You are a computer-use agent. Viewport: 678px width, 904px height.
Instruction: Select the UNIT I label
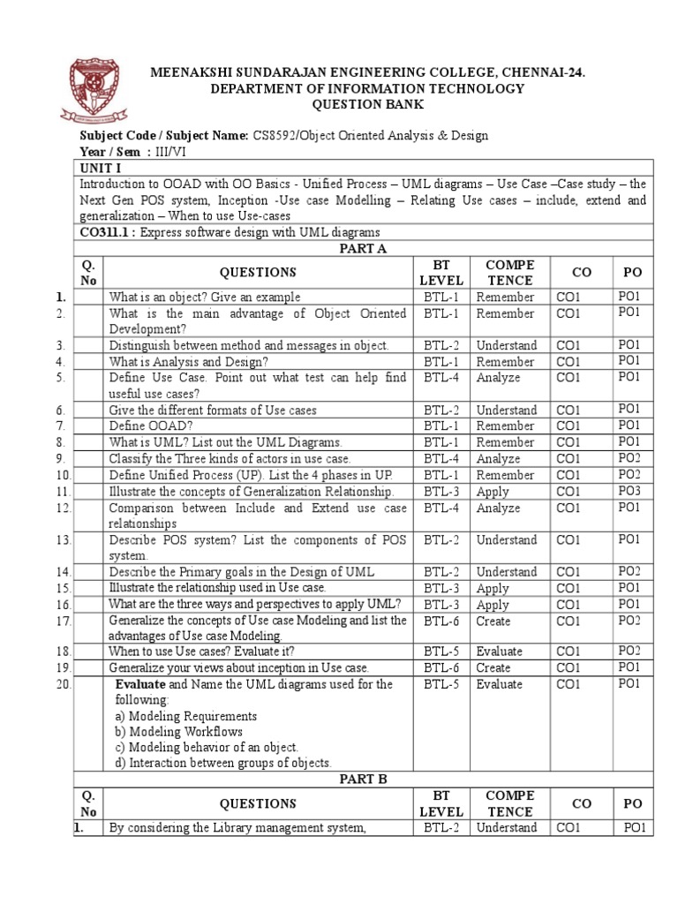click(99, 168)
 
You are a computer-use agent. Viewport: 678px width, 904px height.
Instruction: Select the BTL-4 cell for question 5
click(440, 378)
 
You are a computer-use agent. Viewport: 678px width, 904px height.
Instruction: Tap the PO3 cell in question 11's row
click(629, 491)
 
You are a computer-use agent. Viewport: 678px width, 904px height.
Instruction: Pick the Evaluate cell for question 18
click(499, 652)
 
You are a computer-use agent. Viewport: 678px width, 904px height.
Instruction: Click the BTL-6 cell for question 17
click(440, 621)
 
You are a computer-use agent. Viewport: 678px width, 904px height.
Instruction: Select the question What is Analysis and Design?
click(188, 362)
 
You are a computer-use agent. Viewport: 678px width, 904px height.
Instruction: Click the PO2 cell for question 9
click(629, 458)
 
